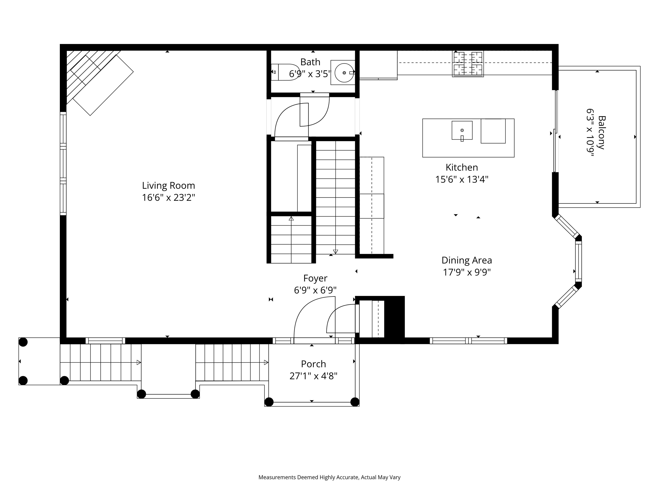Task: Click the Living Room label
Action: point(168,185)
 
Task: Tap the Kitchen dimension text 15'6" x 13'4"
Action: point(462,179)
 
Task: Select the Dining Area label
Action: point(467,260)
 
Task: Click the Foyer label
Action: point(315,278)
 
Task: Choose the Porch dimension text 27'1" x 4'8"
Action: point(313,376)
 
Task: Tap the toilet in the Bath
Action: point(285,72)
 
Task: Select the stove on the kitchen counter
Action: point(468,64)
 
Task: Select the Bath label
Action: point(310,62)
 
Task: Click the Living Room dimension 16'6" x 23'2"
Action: point(168,197)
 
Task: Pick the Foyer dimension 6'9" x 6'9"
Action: point(315,290)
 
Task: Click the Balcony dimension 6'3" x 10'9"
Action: point(590,133)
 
